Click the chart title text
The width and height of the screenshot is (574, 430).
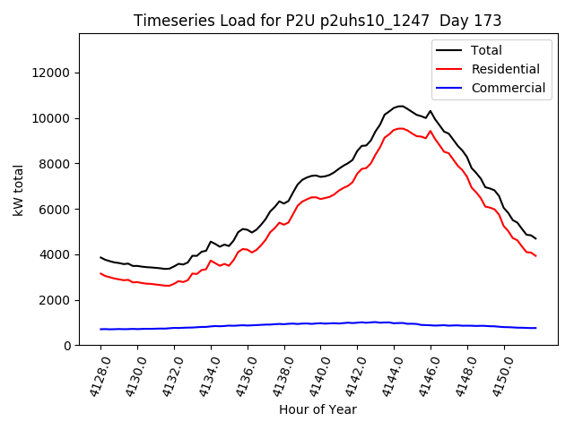(317, 21)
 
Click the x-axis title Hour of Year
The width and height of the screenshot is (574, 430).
(317, 409)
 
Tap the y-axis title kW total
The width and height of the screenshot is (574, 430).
(18, 190)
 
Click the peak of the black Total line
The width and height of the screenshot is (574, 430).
(400, 106)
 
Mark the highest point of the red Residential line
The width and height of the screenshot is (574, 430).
(400, 128)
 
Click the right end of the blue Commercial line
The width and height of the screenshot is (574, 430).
(535, 328)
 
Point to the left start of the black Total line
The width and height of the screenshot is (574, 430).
(100, 257)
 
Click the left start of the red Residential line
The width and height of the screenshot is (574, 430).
(100, 273)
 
